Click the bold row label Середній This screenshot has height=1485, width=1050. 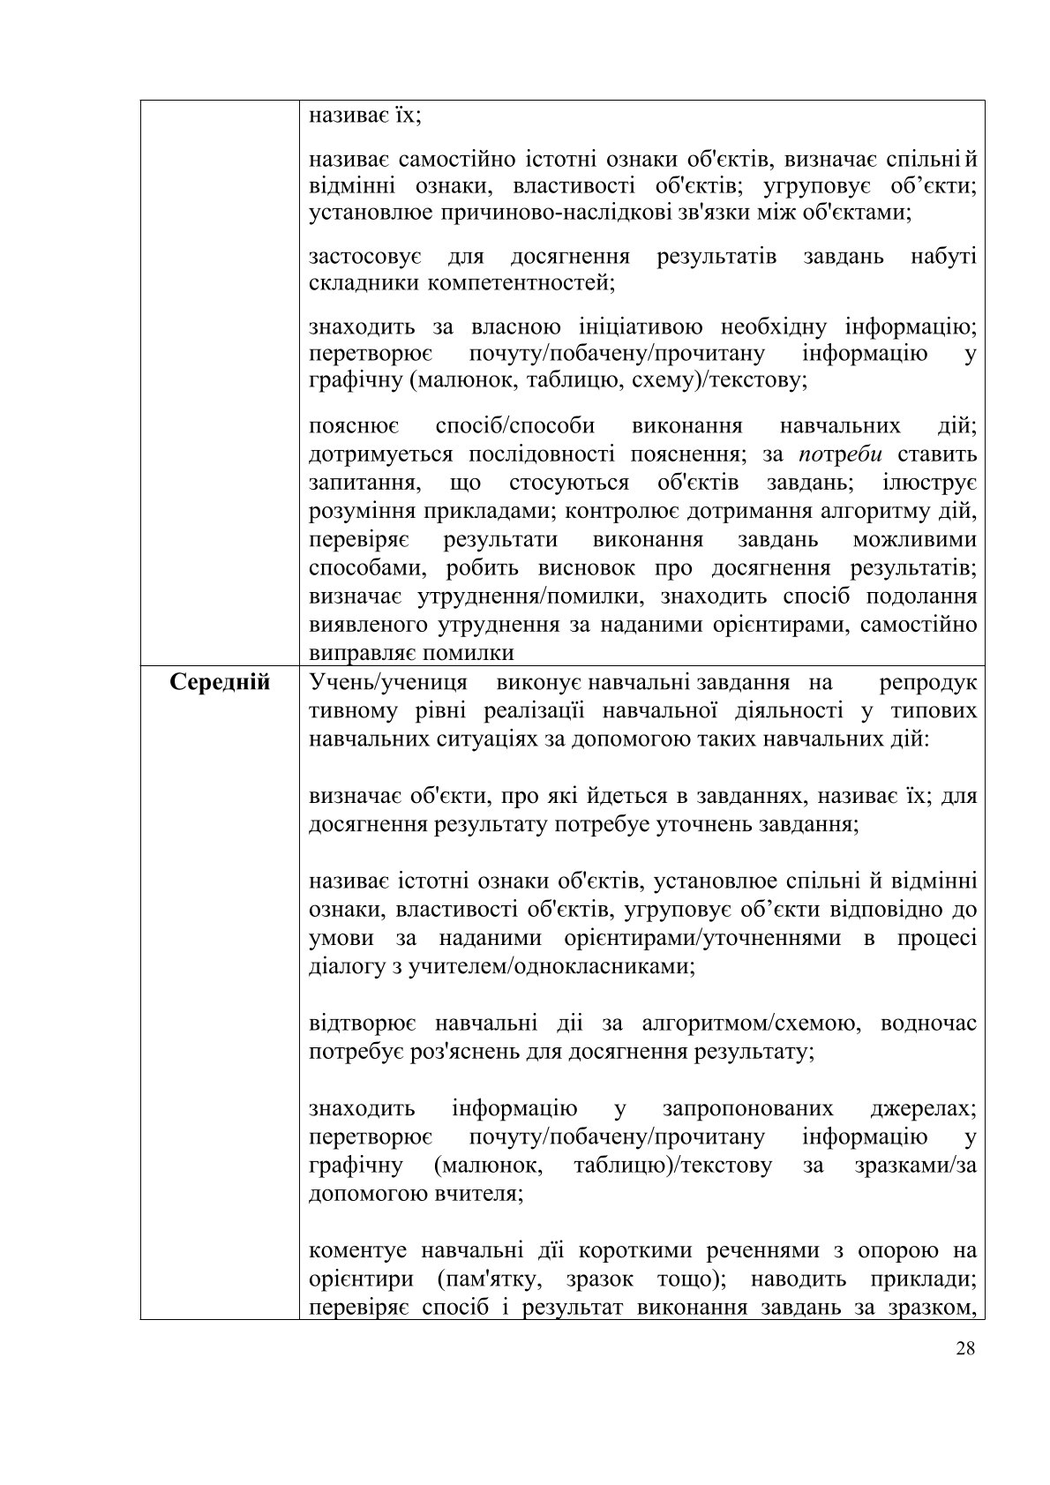[220, 682]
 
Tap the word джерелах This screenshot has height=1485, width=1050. [925, 1108]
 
